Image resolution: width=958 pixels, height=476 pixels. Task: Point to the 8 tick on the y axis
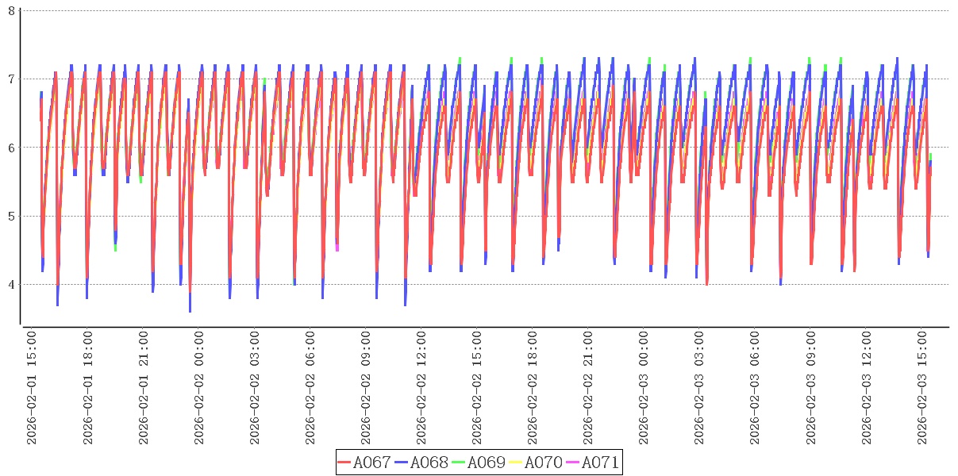11,10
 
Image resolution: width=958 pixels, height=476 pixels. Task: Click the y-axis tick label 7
11,79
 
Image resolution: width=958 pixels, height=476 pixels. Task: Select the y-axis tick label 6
11,148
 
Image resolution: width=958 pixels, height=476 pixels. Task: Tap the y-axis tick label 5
11,217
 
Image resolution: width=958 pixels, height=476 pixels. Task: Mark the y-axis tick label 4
11,285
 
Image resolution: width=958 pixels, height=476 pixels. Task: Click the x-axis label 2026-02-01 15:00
33,388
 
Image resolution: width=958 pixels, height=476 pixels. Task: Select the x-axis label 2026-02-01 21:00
144,388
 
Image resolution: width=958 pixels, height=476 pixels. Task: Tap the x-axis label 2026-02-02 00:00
199,388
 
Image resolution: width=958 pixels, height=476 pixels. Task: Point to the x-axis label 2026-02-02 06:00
310,388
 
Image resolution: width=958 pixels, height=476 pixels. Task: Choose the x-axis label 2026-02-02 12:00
421,388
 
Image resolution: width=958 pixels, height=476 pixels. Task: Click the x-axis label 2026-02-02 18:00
533,388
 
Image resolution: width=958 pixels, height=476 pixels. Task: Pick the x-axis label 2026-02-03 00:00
644,388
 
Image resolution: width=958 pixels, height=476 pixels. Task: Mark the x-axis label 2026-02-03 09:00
810,388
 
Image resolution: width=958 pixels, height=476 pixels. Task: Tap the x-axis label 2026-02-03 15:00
921,388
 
